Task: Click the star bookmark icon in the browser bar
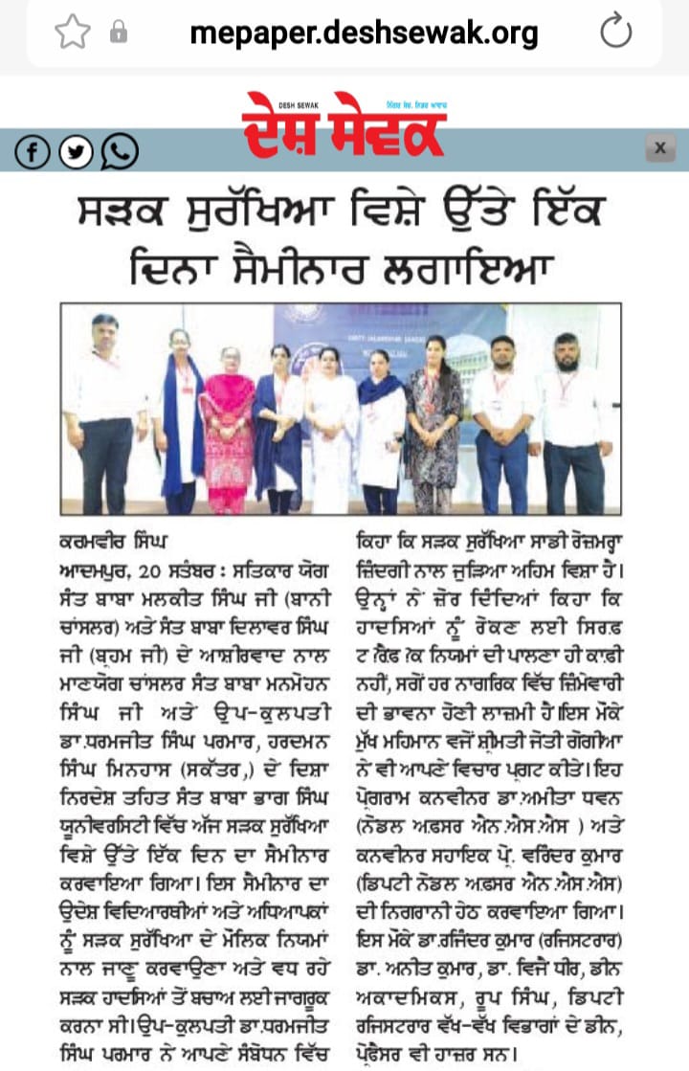[71, 32]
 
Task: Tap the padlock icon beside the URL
[119, 33]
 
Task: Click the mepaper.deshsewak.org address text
[364, 33]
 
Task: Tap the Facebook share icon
[33, 150]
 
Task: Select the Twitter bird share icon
[77, 150]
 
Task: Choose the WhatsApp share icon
[119, 150]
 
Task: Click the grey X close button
[660, 148]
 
